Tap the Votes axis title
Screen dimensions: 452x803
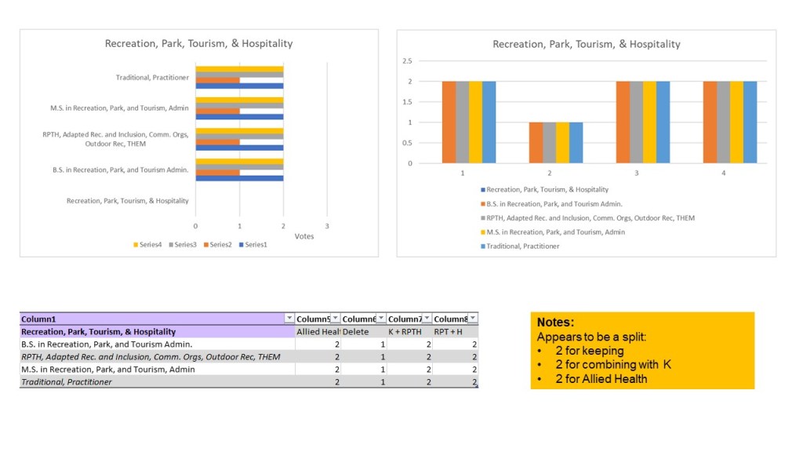[304, 236]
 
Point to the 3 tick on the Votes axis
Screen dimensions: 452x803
[327, 226]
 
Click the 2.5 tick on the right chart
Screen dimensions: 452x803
[407, 61]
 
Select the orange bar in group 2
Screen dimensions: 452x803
[536, 143]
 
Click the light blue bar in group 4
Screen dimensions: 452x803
[750, 122]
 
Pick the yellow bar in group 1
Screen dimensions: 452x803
[475, 122]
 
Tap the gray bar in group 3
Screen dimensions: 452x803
[636, 122]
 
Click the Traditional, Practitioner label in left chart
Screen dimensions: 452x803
[152, 77]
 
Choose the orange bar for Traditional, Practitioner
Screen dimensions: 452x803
[217, 80]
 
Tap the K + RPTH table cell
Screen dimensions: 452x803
[405, 332]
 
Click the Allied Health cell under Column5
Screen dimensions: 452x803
[318, 332]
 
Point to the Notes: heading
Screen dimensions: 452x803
[555, 323]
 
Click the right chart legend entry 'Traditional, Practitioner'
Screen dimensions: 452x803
[522, 246]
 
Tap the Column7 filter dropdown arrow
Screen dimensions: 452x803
[426, 319]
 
